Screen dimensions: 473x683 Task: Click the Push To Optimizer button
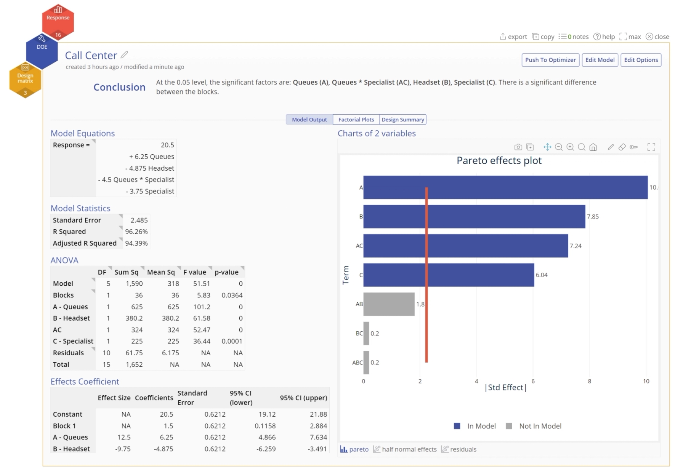[550, 60]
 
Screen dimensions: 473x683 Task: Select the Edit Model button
[600, 60]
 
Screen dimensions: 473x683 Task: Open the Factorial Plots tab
[356, 120]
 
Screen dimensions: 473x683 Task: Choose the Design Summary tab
[402, 120]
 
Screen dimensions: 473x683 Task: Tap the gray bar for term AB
[389, 304]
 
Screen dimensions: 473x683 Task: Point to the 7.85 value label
[593, 217]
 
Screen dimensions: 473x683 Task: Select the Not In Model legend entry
[540, 426]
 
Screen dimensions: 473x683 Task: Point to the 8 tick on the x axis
[589, 381]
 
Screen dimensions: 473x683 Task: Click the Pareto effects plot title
[499, 161]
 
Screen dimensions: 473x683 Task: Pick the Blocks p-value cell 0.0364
[232, 295]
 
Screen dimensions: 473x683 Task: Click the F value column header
[194, 272]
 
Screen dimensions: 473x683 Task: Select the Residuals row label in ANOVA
[68, 353]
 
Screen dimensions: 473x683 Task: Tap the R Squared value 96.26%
[136, 232]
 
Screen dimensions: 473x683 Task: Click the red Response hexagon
[58, 21]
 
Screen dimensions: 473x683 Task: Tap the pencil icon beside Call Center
[124, 55]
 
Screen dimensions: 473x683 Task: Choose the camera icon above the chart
[518, 147]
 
